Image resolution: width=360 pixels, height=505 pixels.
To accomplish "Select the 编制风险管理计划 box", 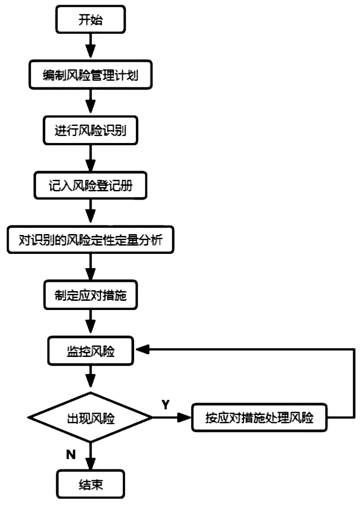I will coord(90,75).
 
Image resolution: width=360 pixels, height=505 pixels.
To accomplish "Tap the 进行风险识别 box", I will coord(90,130).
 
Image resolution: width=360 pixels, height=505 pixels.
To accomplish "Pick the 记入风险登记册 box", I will coord(90,186).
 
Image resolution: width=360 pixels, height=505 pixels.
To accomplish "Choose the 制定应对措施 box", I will coord(90,297).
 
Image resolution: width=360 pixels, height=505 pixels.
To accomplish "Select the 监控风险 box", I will coord(90,352).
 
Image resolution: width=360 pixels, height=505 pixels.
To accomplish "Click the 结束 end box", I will coord(90,484).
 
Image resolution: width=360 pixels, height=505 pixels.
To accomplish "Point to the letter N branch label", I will coord(70,454).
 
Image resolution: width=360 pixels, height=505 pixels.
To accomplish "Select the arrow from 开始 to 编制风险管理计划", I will coord(90,46).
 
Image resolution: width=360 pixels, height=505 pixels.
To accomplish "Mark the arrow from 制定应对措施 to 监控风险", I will coord(90,323).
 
